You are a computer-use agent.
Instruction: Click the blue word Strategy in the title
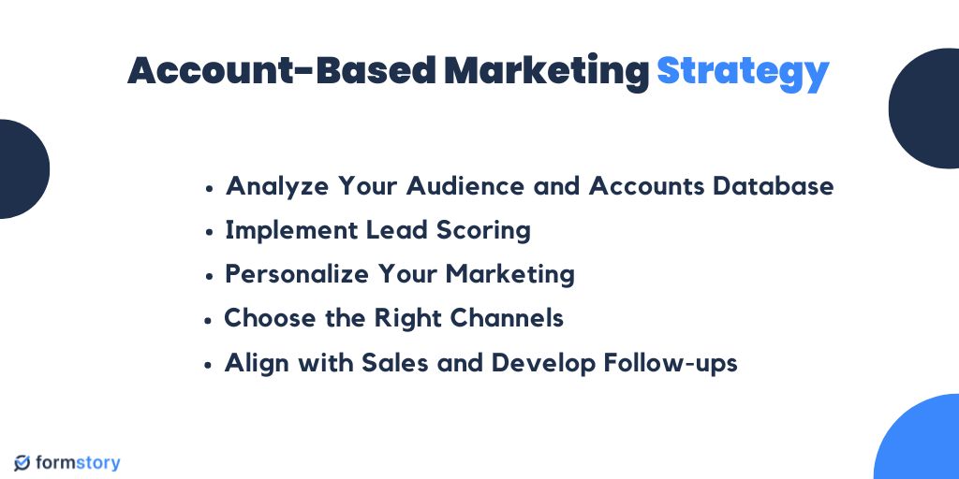point(743,72)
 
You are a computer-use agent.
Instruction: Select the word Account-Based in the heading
point(282,72)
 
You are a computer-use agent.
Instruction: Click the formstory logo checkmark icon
point(22,463)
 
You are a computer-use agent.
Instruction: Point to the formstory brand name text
point(79,463)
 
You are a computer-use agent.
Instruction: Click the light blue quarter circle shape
point(922,443)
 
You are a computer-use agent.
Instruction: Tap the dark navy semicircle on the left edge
point(21,168)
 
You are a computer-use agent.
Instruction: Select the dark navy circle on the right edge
point(925,109)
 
